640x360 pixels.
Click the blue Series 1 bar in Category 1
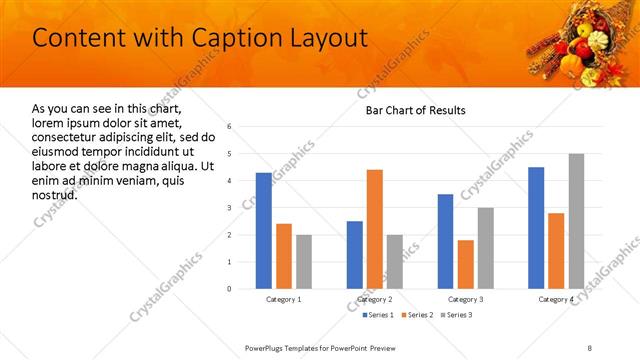[264, 231]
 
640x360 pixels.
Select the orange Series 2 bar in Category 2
[375, 229]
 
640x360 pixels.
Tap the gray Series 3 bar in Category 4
[576, 221]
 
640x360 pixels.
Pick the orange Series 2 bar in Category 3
[466, 264]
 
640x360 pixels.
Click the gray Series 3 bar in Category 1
[304, 262]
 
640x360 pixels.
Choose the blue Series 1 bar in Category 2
[355, 255]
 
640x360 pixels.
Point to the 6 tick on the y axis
[230, 127]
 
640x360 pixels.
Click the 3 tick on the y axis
[230, 208]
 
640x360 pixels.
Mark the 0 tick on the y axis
[230, 289]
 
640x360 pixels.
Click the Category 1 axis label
[284, 299]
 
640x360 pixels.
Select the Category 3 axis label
[466, 299]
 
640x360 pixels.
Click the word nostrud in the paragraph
[54, 193]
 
